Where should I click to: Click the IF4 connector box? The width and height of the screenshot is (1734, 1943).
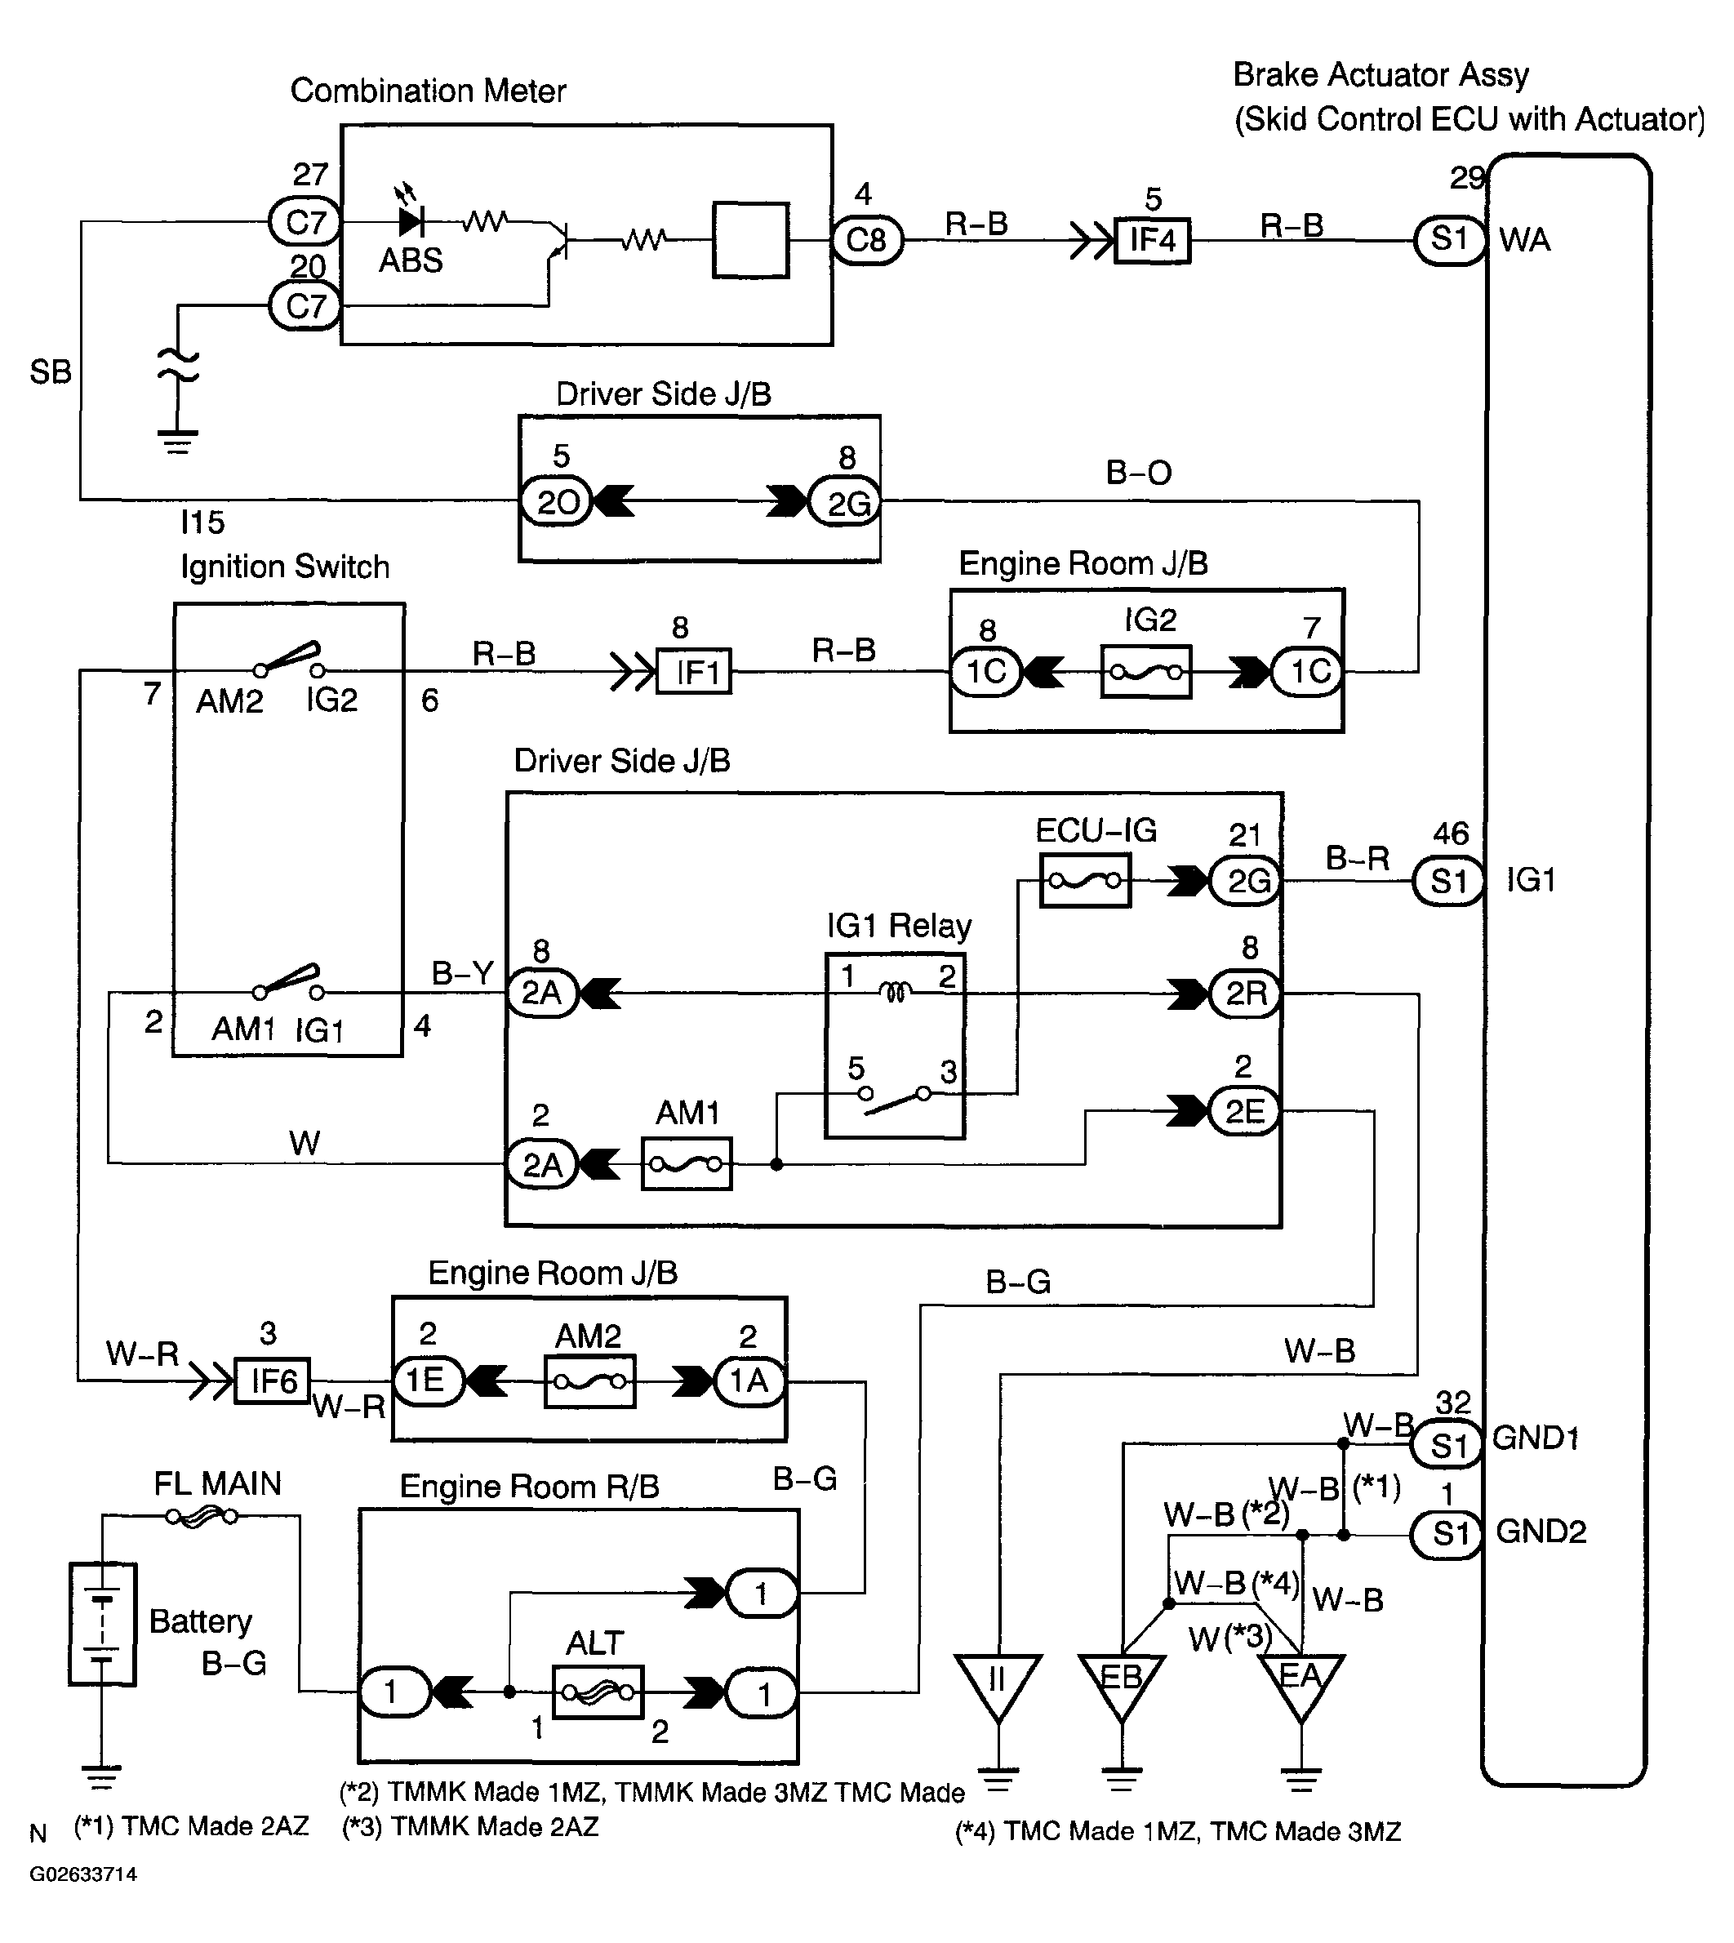coord(1153,240)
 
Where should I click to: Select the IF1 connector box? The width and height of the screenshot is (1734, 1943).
coord(695,671)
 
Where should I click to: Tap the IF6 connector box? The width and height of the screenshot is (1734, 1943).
coord(273,1381)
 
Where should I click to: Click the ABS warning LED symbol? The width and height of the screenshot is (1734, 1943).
coord(411,221)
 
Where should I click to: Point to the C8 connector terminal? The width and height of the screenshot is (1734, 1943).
coord(866,240)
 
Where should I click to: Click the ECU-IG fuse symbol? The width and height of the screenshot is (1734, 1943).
coord(1084,881)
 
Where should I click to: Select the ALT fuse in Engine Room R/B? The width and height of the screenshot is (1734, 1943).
coord(598,1692)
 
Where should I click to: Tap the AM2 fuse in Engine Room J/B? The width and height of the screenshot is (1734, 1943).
coord(589,1381)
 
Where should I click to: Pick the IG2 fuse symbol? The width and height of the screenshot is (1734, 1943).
coord(1146,672)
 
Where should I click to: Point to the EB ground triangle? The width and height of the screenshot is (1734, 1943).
coord(1122,1687)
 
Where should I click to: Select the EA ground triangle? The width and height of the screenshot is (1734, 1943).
coord(1300,1687)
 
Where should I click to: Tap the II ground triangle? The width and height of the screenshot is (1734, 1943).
coord(998,1687)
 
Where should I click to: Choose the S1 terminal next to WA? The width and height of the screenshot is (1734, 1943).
coord(1448,239)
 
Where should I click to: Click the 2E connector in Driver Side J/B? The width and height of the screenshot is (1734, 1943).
coord(1244,1111)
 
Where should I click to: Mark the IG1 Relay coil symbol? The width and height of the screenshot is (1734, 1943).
coord(895,993)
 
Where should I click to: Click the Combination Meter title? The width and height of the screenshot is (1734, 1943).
coord(428,91)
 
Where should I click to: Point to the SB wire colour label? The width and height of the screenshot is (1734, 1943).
coord(51,371)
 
